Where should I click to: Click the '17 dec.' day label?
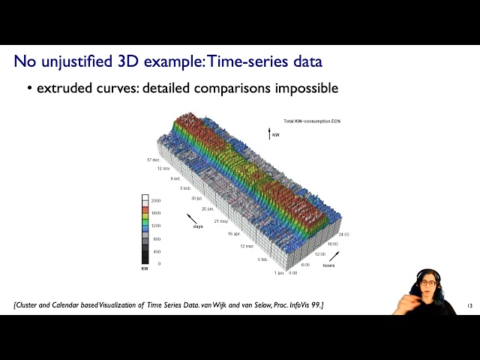click(x=153, y=160)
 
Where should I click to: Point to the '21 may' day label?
click(x=221, y=222)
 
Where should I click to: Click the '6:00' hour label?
click(x=305, y=265)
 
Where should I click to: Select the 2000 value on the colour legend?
click(x=156, y=201)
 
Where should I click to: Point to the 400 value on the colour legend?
click(x=156, y=252)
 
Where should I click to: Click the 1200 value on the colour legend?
click(x=156, y=226)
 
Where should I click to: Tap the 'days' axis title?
click(x=198, y=226)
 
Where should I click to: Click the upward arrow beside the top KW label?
click(x=268, y=133)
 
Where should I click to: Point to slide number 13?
click(x=469, y=306)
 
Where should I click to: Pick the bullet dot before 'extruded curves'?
click(x=30, y=88)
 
